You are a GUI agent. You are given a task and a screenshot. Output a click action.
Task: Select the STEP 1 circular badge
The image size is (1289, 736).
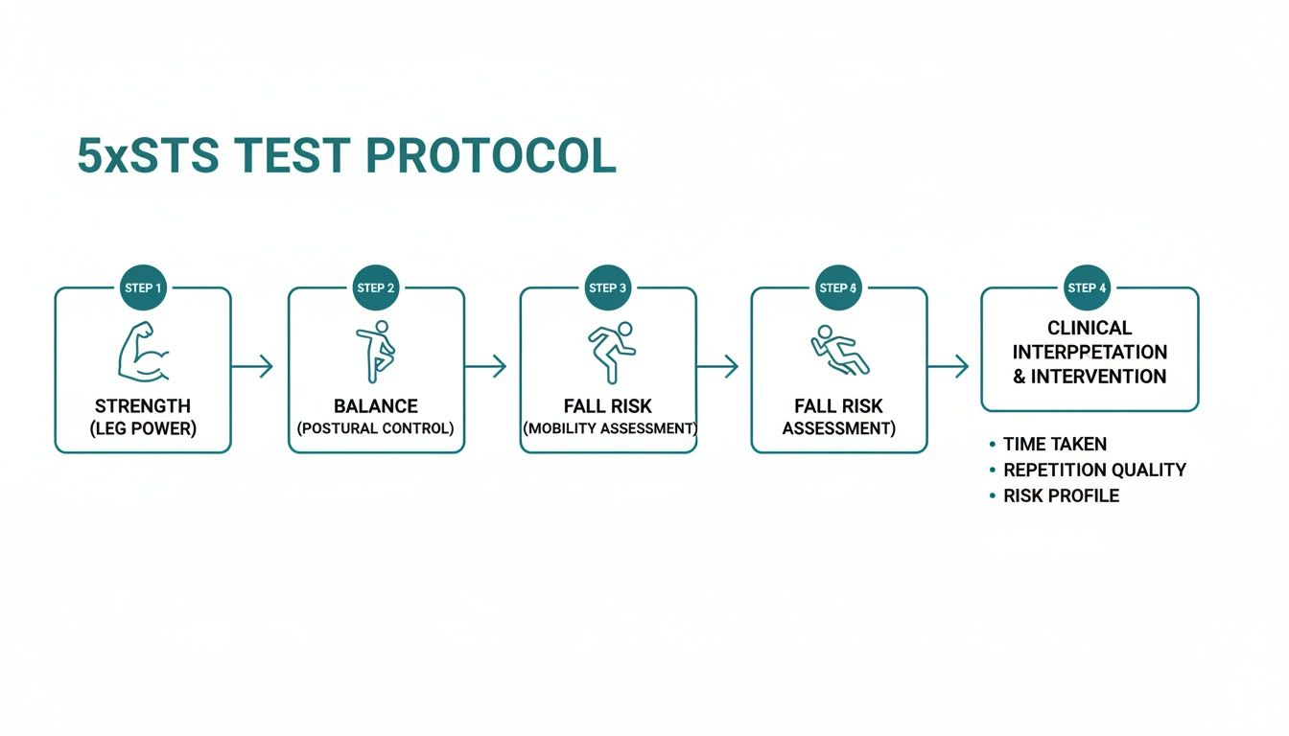tap(143, 287)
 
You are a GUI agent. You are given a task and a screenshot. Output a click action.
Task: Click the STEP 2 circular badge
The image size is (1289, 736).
tap(376, 287)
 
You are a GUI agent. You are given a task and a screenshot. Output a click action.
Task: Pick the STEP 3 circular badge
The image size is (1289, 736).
tap(608, 287)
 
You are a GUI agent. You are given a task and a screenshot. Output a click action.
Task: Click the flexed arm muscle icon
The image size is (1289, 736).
tap(142, 353)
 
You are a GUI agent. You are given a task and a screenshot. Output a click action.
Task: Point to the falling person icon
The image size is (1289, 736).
tap(839, 351)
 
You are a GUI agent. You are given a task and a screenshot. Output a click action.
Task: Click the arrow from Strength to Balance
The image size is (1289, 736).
tap(252, 366)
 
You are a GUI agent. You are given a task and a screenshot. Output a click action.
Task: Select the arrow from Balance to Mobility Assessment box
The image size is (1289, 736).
tap(485, 366)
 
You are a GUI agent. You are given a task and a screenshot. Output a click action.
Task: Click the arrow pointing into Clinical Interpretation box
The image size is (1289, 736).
tap(949, 366)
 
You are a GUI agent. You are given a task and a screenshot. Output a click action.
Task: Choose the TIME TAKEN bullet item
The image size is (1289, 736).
tap(1054, 445)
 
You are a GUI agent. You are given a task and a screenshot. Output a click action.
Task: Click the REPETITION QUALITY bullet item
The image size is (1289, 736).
tap(1094, 471)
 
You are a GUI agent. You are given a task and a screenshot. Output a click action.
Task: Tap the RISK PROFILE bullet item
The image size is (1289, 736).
tap(1061, 496)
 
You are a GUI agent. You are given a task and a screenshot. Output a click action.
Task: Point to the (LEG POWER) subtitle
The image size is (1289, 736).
tap(143, 429)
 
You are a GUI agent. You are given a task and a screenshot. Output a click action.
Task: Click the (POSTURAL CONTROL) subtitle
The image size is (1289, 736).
tap(376, 429)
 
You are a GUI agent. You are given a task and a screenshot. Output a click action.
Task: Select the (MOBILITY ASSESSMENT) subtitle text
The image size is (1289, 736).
tap(609, 429)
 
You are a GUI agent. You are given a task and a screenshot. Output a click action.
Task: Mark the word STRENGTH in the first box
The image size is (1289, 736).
tap(143, 406)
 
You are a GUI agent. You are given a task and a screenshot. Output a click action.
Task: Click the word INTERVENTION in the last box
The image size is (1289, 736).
tap(1099, 377)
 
